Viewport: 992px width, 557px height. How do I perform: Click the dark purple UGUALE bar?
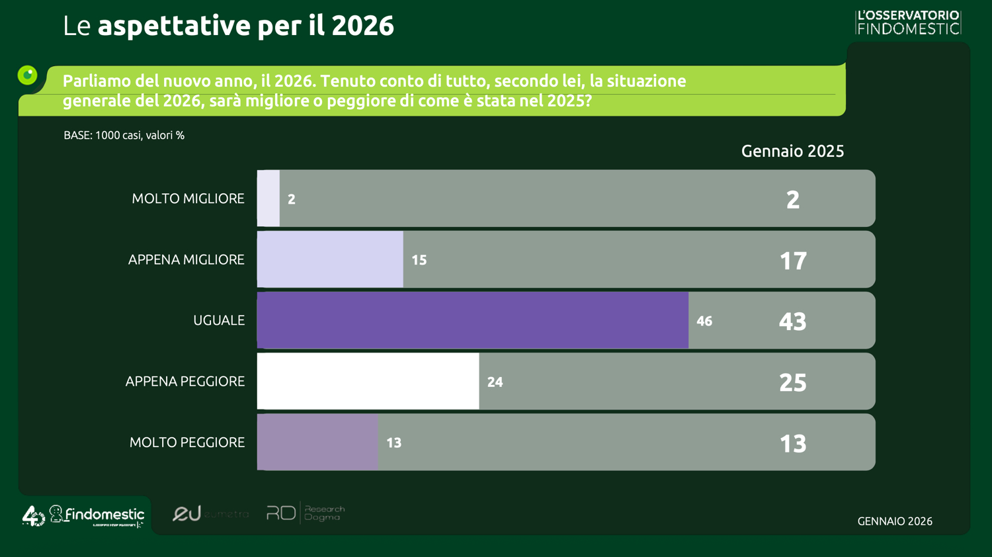click(x=472, y=320)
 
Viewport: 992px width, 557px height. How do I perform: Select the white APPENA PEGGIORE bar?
click(x=368, y=381)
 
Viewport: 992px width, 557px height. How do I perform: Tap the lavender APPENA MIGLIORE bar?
click(x=330, y=259)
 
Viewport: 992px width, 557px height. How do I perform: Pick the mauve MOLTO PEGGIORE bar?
click(x=317, y=442)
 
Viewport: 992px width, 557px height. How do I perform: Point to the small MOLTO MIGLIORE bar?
click(x=269, y=198)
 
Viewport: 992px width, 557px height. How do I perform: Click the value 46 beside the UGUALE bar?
click(x=704, y=321)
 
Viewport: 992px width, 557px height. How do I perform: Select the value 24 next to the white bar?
click(x=495, y=382)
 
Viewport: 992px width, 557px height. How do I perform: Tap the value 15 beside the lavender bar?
click(x=419, y=260)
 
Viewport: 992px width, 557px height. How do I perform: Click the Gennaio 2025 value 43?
click(x=792, y=321)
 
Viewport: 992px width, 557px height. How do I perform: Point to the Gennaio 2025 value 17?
click(x=792, y=261)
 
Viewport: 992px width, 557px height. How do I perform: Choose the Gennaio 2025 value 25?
click(x=792, y=382)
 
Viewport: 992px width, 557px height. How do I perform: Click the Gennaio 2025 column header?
click(x=792, y=151)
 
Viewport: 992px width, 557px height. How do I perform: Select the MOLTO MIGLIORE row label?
click(x=188, y=198)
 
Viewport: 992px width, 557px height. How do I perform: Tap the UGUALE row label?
click(x=218, y=320)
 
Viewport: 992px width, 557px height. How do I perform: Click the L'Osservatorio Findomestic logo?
click(x=907, y=22)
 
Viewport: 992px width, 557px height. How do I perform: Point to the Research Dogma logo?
click(x=306, y=513)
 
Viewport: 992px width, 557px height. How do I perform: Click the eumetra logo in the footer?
click(x=210, y=513)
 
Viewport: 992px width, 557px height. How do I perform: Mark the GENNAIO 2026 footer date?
click(x=895, y=521)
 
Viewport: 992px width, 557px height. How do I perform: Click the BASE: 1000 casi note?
click(x=124, y=135)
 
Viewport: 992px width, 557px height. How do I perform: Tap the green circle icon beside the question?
click(x=27, y=75)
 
